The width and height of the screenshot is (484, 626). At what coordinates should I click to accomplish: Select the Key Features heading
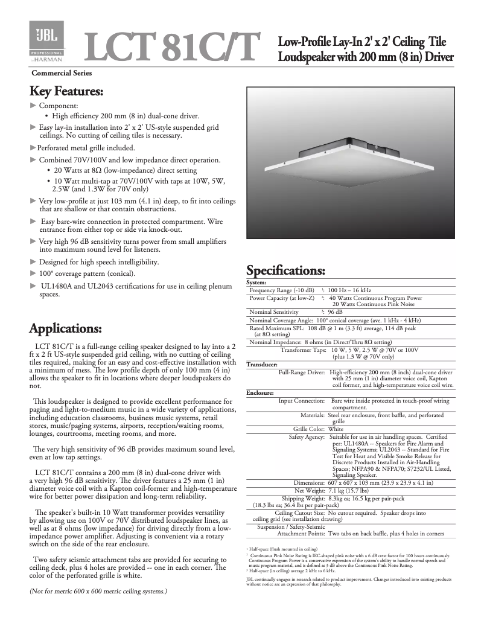click(x=66, y=92)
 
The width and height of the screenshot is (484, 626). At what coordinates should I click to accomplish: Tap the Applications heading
click(x=65, y=329)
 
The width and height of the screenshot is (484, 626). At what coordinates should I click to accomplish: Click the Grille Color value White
click(x=337, y=429)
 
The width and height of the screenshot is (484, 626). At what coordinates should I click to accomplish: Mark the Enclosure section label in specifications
click(x=261, y=393)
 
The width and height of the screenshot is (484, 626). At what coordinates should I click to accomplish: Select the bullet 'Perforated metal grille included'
click(x=86, y=147)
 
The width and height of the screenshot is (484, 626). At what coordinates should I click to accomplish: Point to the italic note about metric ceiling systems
click(x=98, y=591)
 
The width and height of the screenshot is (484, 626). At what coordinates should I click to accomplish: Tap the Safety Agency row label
click(x=307, y=436)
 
